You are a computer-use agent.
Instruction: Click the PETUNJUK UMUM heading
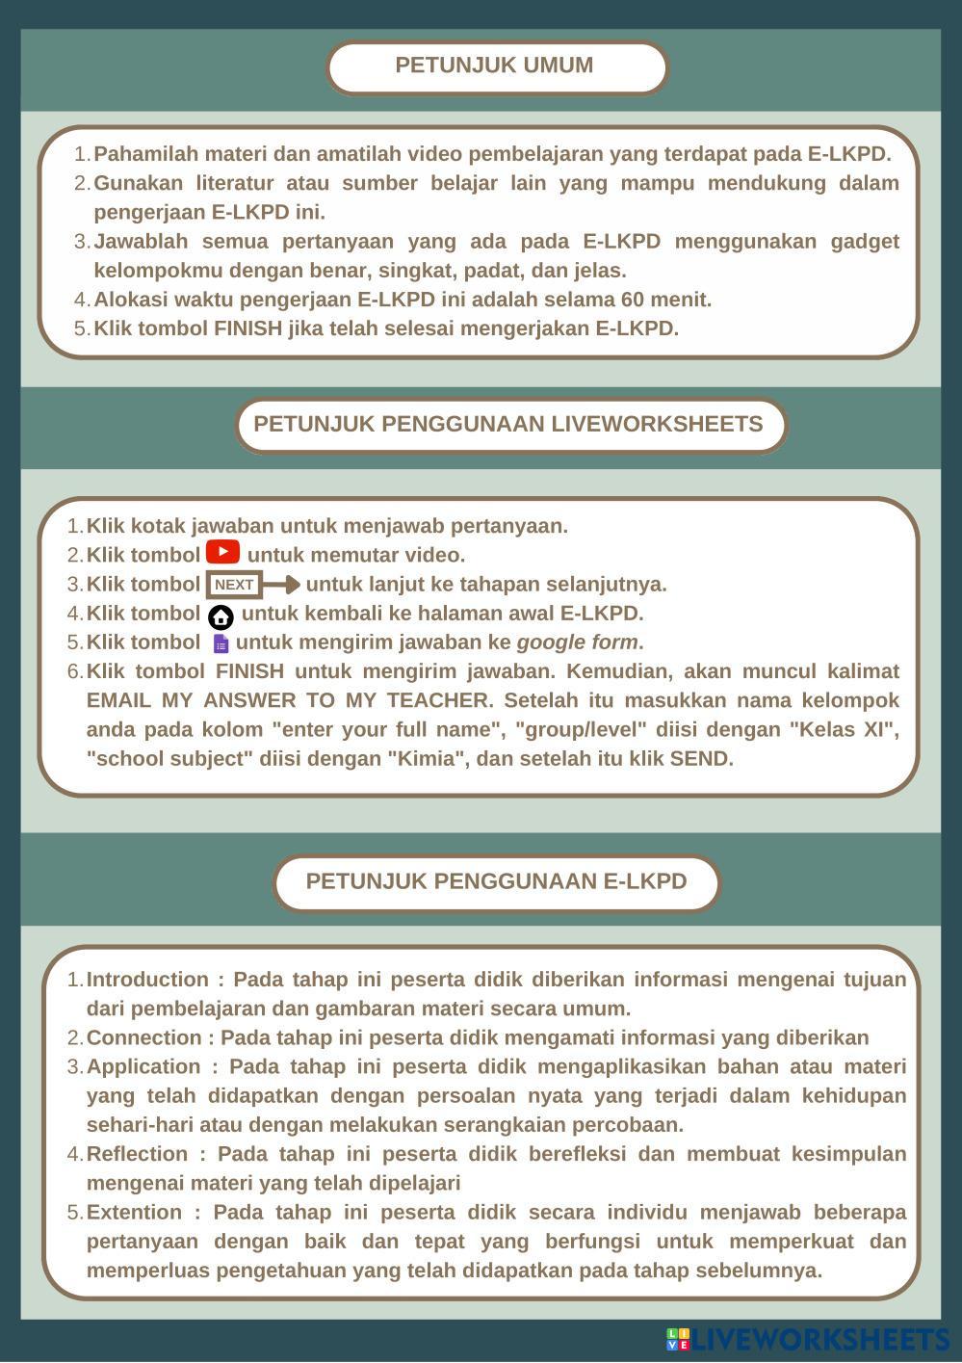(x=494, y=66)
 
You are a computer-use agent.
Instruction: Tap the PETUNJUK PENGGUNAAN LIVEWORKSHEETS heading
(x=507, y=424)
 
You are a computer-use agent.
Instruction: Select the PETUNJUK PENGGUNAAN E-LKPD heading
(x=496, y=881)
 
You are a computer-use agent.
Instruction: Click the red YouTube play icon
(x=222, y=553)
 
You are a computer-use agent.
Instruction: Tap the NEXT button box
(x=234, y=585)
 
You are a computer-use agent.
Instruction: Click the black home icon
(x=221, y=616)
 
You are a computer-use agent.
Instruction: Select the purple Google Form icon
(x=221, y=643)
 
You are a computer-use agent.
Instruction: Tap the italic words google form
(x=577, y=642)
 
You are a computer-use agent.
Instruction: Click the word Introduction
(x=147, y=980)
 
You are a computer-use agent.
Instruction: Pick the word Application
(x=143, y=1066)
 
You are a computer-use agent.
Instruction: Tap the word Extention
(x=135, y=1212)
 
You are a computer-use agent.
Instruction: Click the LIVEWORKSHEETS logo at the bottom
(x=807, y=1339)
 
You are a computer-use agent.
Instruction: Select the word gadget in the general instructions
(x=862, y=242)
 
